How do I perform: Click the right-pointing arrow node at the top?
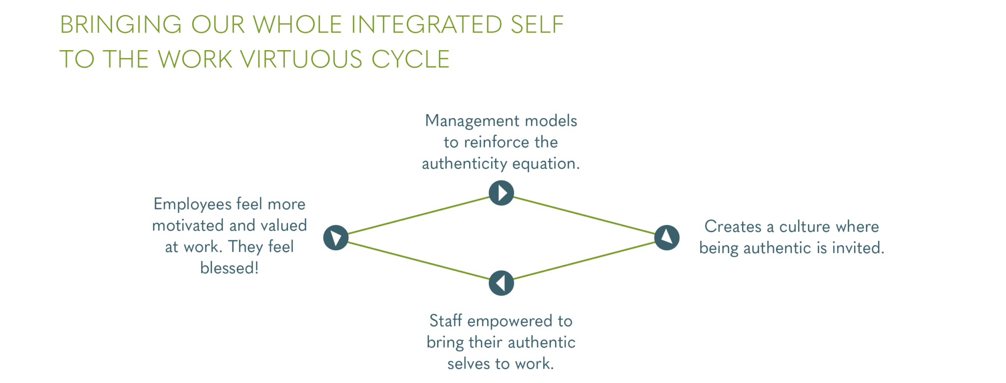[501, 192]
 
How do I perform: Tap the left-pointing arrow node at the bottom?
[501, 283]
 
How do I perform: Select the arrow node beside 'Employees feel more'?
[335, 237]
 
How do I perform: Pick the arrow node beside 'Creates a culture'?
[667, 237]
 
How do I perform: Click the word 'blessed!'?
[229, 268]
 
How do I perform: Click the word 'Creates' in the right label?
[732, 227]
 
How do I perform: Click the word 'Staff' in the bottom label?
[446, 321]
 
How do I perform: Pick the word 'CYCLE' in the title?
[410, 59]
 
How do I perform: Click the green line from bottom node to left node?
[418, 261]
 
